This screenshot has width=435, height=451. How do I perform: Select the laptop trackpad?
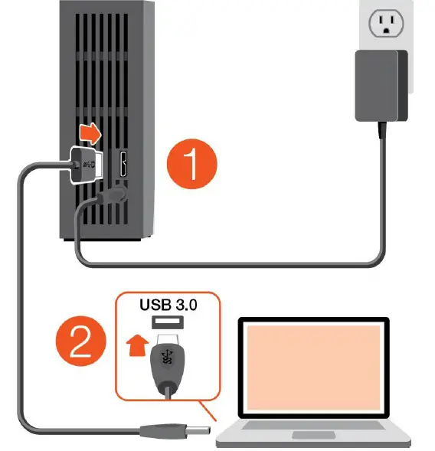pyautogui.click(x=315, y=435)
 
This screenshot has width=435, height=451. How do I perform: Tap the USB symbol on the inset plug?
pyautogui.click(x=167, y=358)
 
